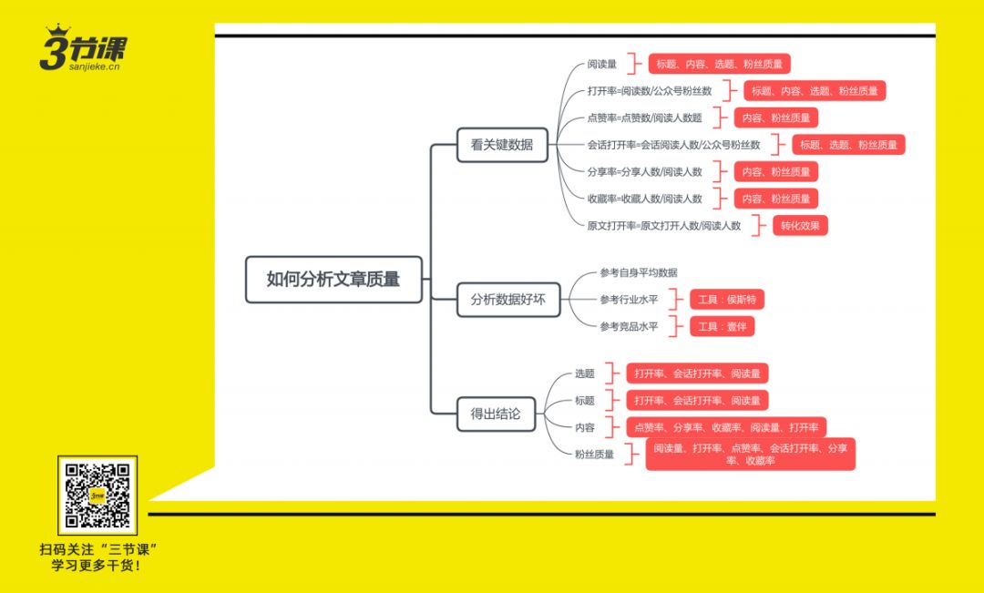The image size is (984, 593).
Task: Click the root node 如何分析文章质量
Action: tap(333, 280)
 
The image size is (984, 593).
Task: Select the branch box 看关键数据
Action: tap(502, 145)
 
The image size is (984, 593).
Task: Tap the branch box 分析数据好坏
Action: tap(508, 299)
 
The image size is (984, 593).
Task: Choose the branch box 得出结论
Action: tap(496, 414)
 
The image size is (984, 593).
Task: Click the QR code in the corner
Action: tap(97, 495)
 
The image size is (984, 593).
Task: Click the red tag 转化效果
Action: tap(802, 226)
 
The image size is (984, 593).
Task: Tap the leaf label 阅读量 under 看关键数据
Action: tap(601, 65)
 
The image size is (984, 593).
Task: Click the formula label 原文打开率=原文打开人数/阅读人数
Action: tap(663, 226)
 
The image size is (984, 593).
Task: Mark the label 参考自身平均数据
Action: tap(638, 272)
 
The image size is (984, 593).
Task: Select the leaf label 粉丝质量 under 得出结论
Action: tap(594, 455)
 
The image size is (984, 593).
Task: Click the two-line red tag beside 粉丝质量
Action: tap(751, 454)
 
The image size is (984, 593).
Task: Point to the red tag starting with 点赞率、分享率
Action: tap(726, 427)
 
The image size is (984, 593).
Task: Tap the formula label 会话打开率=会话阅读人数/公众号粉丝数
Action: tap(673, 145)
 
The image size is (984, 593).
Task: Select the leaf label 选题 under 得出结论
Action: tap(584, 373)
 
